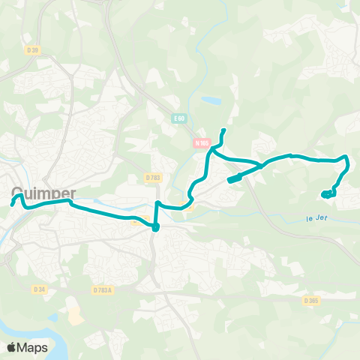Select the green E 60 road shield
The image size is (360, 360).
click(x=178, y=118)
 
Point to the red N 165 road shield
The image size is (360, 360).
click(x=201, y=143)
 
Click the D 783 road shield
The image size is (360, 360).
click(x=153, y=178)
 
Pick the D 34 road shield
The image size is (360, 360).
click(x=40, y=289)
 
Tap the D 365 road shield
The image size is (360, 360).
click(x=311, y=300)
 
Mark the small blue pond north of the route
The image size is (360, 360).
click(x=212, y=100)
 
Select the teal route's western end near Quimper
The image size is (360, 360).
click(x=13, y=201)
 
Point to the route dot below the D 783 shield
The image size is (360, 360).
click(x=155, y=228)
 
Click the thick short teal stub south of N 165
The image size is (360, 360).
click(x=234, y=178)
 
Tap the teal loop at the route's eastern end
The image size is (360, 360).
click(x=328, y=193)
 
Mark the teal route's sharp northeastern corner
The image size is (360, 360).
click(x=346, y=157)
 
